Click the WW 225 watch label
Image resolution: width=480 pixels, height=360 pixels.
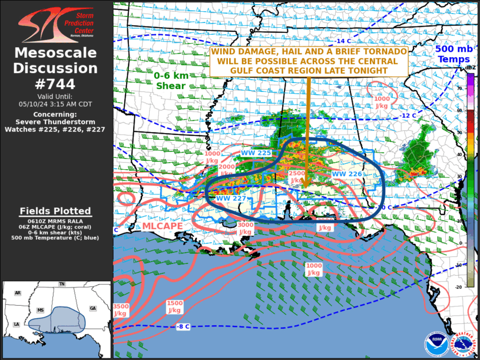pyautogui.click(x=256, y=153)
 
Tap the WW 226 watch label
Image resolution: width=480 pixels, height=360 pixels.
pyautogui.click(x=346, y=174)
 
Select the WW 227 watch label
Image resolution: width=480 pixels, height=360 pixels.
pyautogui.click(x=230, y=199)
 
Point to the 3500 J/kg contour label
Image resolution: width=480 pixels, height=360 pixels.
pyautogui.click(x=120, y=310)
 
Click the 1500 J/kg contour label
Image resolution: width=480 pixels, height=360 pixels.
pyautogui.click(x=174, y=306)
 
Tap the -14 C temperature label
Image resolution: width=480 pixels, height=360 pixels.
pyautogui.click(x=343, y=41)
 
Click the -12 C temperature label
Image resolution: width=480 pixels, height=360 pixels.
pyautogui.click(x=408, y=115)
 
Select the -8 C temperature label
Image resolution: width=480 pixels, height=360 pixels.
pyautogui.click(x=183, y=326)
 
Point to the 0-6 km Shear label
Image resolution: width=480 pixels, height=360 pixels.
pyautogui.click(x=170, y=81)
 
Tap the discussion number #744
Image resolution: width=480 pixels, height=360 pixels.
pyautogui.click(x=56, y=84)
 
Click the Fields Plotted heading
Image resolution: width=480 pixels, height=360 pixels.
pyautogui.click(x=55, y=211)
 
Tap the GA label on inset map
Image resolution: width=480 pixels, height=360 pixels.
pyautogui.click(x=93, y=308)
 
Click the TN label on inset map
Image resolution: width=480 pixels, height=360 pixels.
pyautogui.click(x=62, y=284)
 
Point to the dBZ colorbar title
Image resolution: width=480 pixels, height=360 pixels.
pyautogui.click(x=471, y=68)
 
